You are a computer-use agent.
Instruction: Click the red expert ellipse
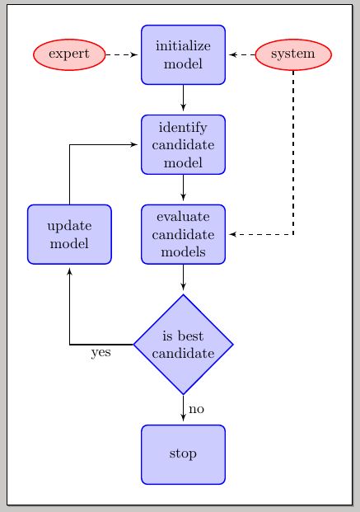click(x=69, y=54)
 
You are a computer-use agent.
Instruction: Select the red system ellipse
click(x=293, y=54)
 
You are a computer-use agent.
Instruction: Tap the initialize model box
click(x=183, y=54)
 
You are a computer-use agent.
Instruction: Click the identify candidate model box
click(x=183, y=144)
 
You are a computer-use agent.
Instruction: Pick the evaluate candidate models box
click(x=183, y=234)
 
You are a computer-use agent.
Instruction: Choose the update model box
click(x=69, y=234)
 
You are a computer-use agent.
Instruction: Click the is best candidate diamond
click(x=183, y=344)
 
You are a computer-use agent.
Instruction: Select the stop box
click(x=183, y=453)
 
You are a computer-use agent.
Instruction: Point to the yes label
click(x=101, y=353)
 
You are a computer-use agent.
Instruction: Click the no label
click(x=196, y=409)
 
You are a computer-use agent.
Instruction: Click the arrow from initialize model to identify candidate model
click(x=183, y=99)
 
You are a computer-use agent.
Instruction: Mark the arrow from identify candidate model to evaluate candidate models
click(x=183, y=189)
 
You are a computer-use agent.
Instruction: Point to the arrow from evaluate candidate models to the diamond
click(x=183, y=279)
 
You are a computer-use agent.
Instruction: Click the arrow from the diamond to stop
click(x=183, y=408)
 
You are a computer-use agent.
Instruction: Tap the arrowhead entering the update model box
click(x=69, y=270)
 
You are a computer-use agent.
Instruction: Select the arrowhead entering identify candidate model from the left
click(x=133, y=144)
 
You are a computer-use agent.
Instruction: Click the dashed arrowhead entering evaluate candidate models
click(x=232, y=234)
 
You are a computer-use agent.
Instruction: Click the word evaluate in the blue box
click(x=183, y=217)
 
